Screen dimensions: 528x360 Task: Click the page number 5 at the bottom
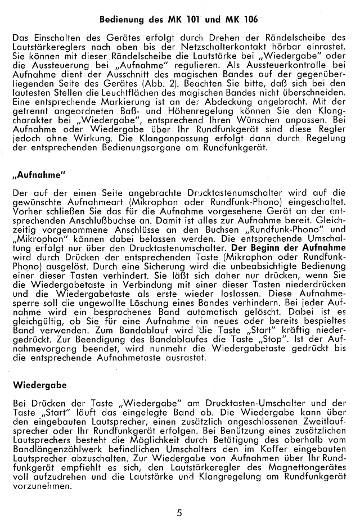tap(179, 512)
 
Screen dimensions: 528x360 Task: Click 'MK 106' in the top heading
tap(242, 19)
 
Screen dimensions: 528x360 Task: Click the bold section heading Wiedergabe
tap(39, 386)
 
